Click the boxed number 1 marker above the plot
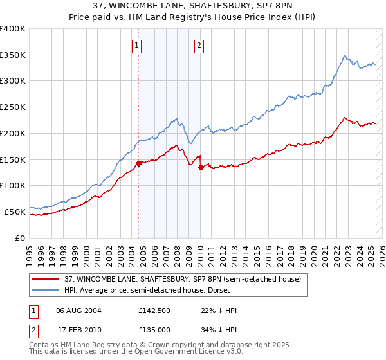click(x=138, y=45)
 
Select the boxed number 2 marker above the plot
click(x=199, y=45)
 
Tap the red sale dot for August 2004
click(x=138, y=163)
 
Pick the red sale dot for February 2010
click(x=201, y=167)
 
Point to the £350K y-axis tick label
click(x=13, y=55)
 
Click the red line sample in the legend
click(x=46, y=279)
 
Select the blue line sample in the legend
click(x=46, y=290)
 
